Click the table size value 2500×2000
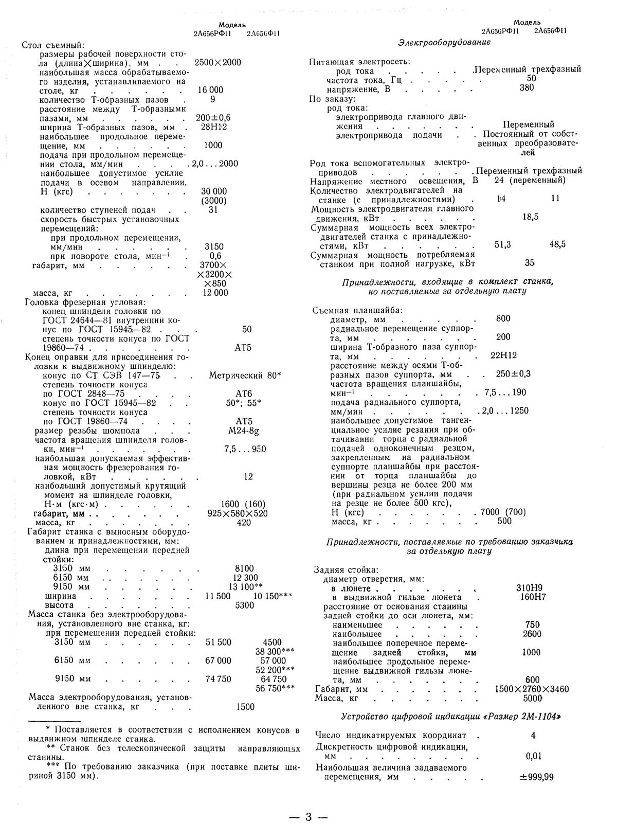point(218,62)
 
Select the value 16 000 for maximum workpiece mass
point(211,90)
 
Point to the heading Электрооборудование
point(444,42)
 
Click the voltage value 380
point(527,87)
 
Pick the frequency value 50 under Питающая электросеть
point(532,78)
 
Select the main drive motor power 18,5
point(530,217)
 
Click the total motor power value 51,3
point(502,245)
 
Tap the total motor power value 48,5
point(557,245)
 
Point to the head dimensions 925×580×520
point(244,513)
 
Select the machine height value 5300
point(244,605)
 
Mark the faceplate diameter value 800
point(503,318)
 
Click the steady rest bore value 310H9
point(529,588)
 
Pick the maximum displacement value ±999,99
point(533,777)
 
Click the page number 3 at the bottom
point(308,817)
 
